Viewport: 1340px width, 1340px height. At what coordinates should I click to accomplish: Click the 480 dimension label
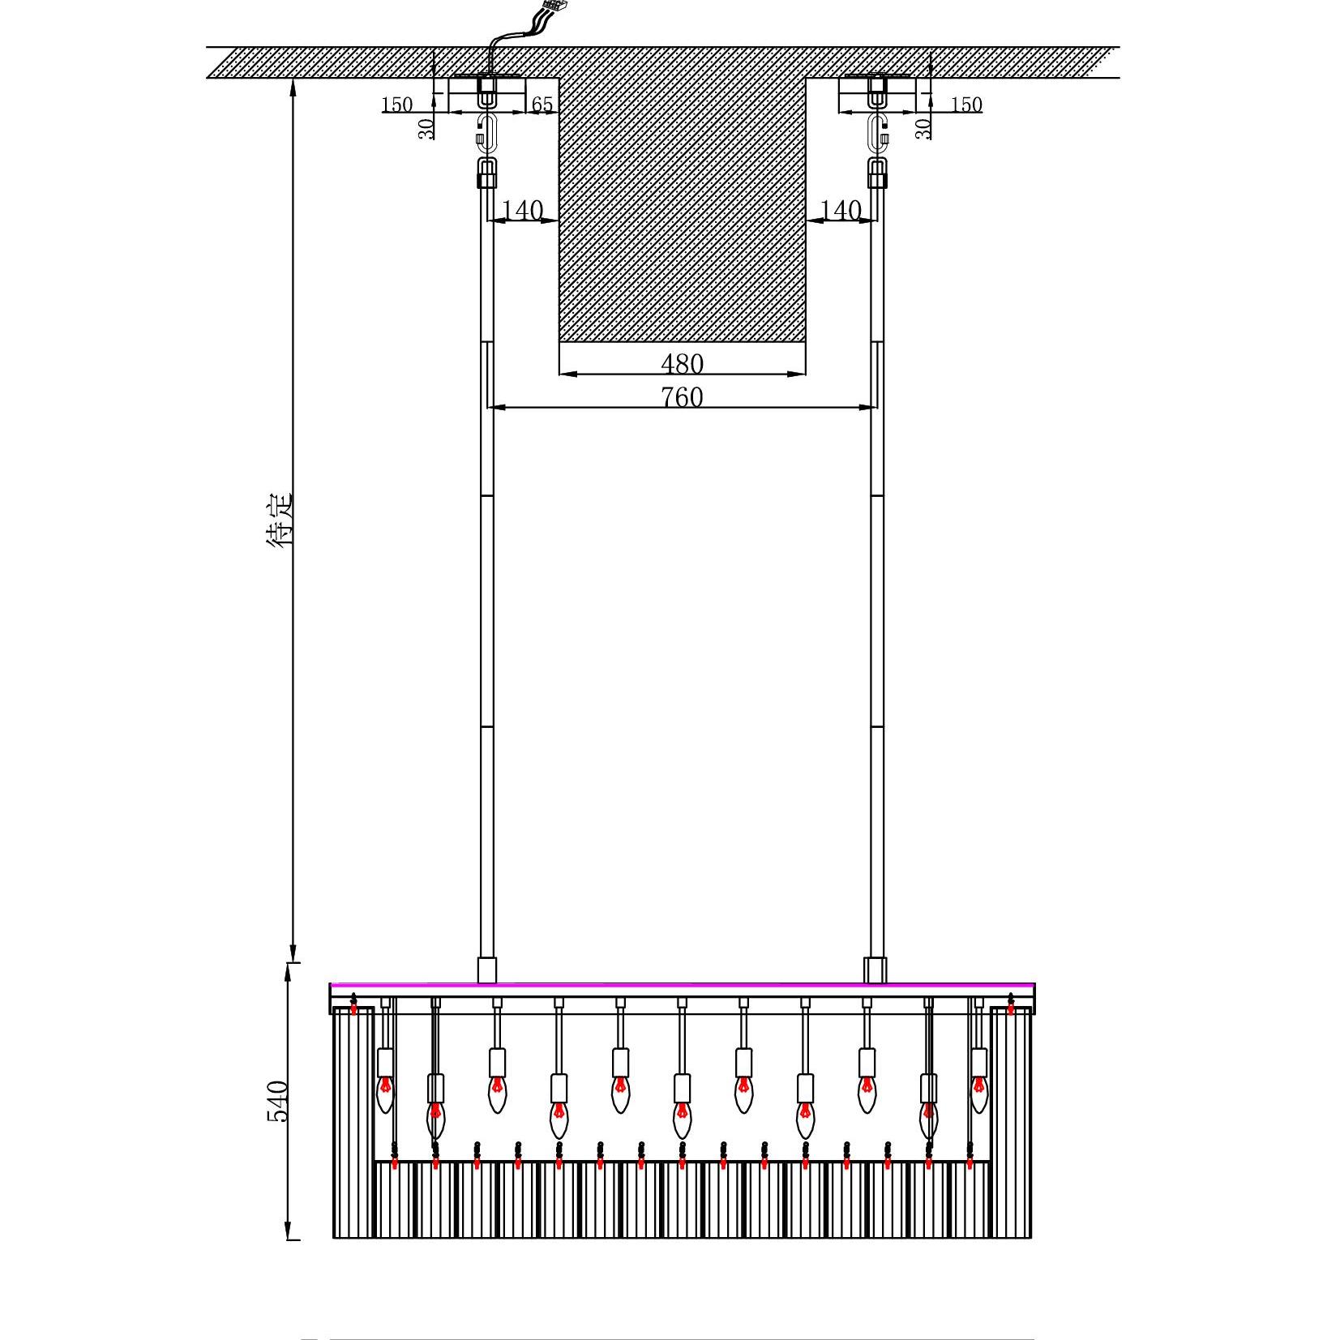pyautogui.click(x=682, y=363)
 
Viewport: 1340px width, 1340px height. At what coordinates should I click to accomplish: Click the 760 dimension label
pyautogui.click(x=682, y=397)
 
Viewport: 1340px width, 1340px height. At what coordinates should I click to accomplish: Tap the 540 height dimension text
pyautogui.click(x=278, y=1100)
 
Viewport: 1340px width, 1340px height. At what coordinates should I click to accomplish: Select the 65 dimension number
pyautogui.click(x=542, y=105)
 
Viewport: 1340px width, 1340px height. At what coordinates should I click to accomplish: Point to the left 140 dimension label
pyautogui.click(x=523, y=210)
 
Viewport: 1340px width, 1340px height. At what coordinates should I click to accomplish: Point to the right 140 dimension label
pyautogui.click(x=841, y=210)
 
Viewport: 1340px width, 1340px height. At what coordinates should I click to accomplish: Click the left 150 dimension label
pyautogui.click(x=396, y=105)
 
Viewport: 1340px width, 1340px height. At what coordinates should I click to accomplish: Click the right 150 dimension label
pyautogui.click(x=966, y=105)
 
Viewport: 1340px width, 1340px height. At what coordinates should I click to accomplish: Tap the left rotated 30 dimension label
pyautogui.click(x=426, y=127)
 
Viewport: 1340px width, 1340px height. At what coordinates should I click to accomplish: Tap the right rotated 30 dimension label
pyautogui.click(x=923, y=127)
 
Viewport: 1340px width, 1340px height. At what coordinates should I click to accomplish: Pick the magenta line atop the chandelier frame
pyautogui.click(x=682, y=985)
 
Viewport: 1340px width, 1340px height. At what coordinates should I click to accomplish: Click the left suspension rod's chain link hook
pyautogui.click(x=486, y=132)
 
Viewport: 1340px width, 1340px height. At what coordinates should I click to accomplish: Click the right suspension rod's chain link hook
pyautogui.click(x=877, y=132)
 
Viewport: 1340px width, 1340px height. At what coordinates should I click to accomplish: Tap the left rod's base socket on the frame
pyautogui.click(x=486, y=970)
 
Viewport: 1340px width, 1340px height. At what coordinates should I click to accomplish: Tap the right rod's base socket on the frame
pyautogui.click(x=875, y=970)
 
